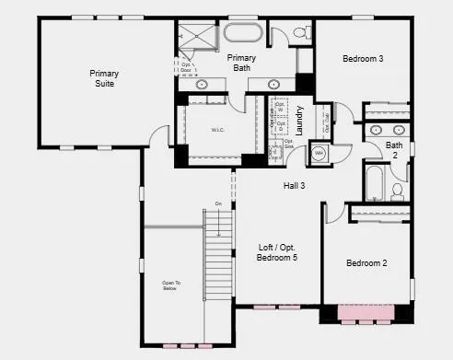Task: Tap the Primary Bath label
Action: [x=241, y=63]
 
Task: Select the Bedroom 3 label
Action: [x=363, y=59]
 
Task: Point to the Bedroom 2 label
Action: [x=366, y=263]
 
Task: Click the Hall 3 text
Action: [x=294, y=186]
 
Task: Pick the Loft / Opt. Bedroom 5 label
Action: [x=277, y=252]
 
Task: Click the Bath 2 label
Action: [x=394, y=150]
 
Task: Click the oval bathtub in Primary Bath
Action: [x=242, y=35]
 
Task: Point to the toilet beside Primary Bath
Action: [x=300, y=34]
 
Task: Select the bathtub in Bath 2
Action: [x=375, y=184]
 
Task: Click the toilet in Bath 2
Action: [x=398, y=191]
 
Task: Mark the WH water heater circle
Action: [x=319, y=152]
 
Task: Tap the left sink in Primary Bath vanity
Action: [x=203, y=84]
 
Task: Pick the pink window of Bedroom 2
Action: [x=366, y=314]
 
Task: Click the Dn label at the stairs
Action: [x=218, y=203]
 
